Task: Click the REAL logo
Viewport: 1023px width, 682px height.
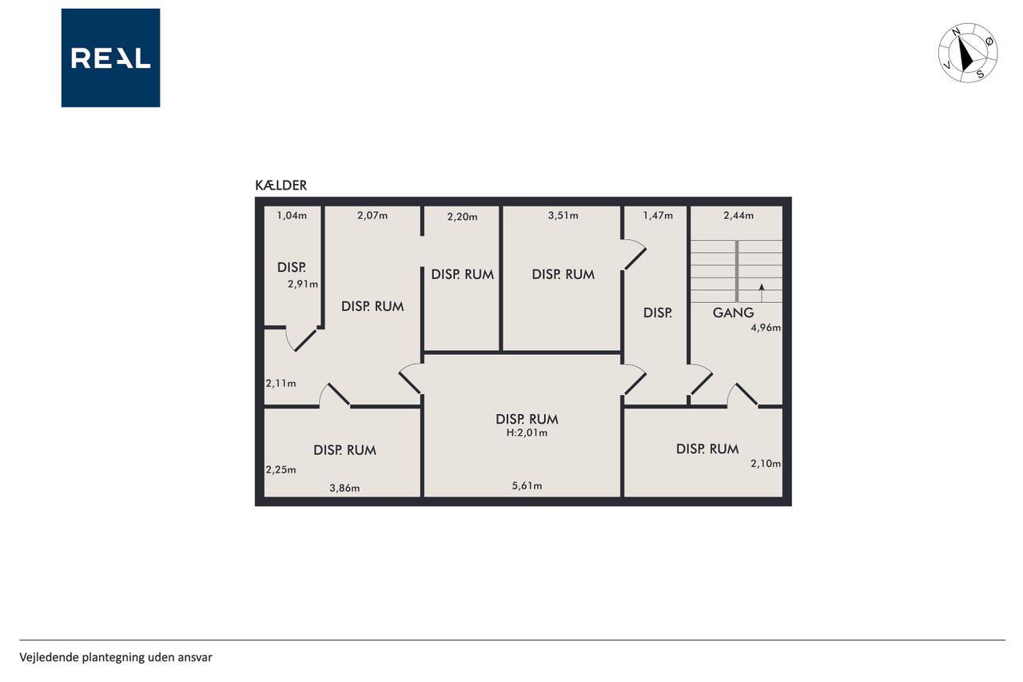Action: (x=110, y=58)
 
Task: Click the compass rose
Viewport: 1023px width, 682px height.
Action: (x=968, y=53)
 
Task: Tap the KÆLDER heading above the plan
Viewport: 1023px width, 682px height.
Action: (x=281, y=185)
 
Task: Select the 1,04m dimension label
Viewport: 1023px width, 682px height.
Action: (x=292, y=215)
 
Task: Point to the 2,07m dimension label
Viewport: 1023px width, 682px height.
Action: (x=372, y=215)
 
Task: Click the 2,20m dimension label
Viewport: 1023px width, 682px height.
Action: (x=462, y=217)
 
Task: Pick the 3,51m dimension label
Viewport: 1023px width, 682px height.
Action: (x=563, y=215)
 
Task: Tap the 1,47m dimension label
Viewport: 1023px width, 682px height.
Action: (x=658, y=215)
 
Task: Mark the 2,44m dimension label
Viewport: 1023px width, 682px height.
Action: (x=738, y=215)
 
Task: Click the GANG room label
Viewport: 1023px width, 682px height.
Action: (x=733, y=313)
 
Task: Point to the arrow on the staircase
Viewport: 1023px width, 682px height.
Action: (x=762, y=293)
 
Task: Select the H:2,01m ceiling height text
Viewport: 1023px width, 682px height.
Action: (x=527, y=433)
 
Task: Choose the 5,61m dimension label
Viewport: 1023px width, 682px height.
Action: (x=527, y=485)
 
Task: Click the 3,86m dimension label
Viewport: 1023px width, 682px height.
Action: (x=344, y=488)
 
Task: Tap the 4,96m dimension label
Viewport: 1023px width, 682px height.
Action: (x=766, y=328)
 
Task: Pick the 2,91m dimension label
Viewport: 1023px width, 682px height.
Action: (x=303, y=284)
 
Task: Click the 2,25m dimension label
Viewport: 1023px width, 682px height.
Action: (x=281, y=469)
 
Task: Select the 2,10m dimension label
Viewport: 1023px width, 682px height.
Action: (x=766, y=464)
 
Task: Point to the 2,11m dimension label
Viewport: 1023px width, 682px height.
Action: (x=281, y=383)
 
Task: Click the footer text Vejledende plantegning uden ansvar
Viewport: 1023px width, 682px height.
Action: (x=116, y=657)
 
